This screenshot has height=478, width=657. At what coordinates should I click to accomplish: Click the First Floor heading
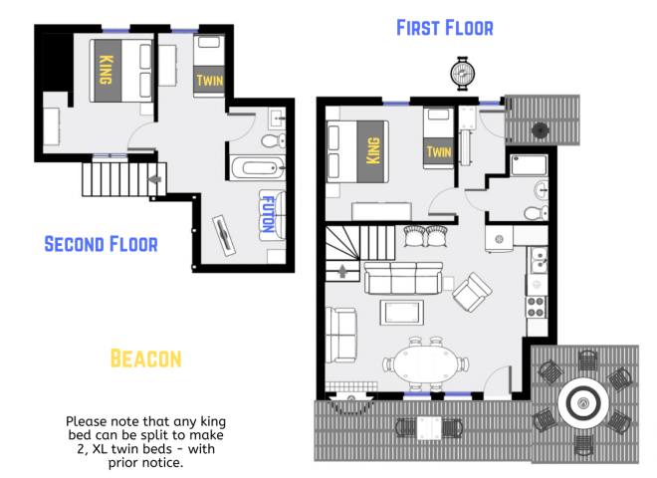point(444,27)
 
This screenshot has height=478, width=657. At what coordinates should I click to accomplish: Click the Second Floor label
point(101,243)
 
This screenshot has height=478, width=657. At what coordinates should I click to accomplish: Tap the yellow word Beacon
point(145,357)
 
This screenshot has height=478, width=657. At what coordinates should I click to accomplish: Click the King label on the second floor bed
point(106,70)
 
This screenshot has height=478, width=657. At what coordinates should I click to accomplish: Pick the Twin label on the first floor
point(439,151)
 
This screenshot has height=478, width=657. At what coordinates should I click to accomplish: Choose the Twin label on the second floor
point(210,81)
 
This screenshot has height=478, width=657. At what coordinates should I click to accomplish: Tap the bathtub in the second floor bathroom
point(257,167)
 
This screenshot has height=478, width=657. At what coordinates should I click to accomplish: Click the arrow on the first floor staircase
point(344,270)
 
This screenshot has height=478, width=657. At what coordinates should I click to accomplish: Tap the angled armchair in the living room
point(472,291)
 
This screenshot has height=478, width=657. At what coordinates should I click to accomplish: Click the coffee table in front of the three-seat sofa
point(401,312)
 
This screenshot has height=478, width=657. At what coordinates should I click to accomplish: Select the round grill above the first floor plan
point(462,72)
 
